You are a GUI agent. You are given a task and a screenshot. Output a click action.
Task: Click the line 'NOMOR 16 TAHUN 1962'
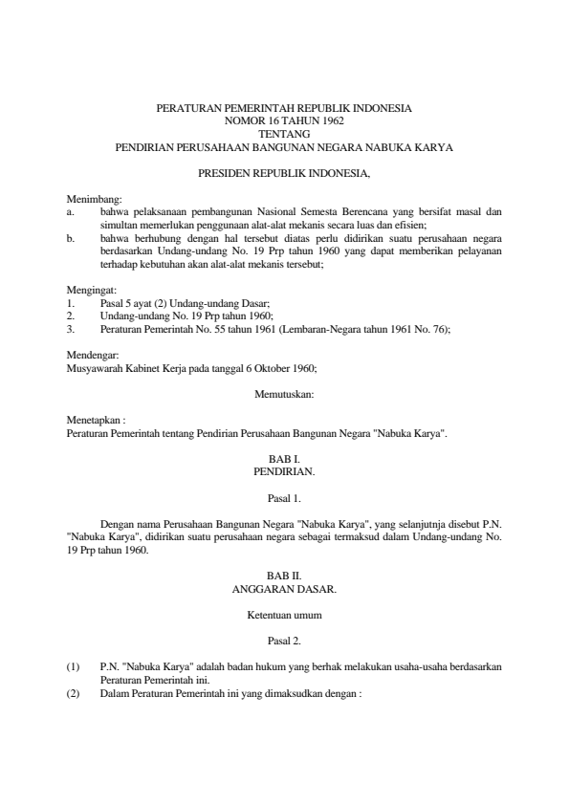284,121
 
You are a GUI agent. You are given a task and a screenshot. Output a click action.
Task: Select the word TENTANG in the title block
284,135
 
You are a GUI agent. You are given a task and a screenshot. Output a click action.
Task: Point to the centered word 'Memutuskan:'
284,394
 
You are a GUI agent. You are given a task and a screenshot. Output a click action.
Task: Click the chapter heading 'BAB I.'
284,460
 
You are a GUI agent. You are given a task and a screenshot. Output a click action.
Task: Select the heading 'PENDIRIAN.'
284,472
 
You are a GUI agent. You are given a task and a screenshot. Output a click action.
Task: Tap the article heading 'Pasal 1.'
284,498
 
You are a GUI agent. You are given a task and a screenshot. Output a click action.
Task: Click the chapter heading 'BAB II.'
284,577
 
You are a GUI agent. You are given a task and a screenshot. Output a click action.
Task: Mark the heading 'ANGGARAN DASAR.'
284,590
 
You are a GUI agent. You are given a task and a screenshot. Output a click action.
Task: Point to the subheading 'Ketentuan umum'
284,616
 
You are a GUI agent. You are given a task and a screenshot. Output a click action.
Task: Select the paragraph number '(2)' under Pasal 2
74,693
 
